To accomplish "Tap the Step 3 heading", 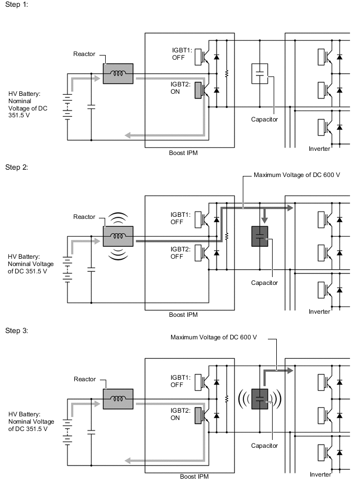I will [x=16, y=330].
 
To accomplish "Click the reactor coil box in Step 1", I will [x=118, y=73].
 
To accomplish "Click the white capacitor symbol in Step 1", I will [x=260, y=73].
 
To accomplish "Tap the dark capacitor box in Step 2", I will [x=260, y=236].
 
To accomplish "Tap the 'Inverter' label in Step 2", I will [x=320, y=312].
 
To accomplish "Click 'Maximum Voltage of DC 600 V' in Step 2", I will [x=297, y=174].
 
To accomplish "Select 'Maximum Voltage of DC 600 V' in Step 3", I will [x=213, y=337].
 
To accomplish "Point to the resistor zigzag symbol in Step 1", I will [x=226, y=73].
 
